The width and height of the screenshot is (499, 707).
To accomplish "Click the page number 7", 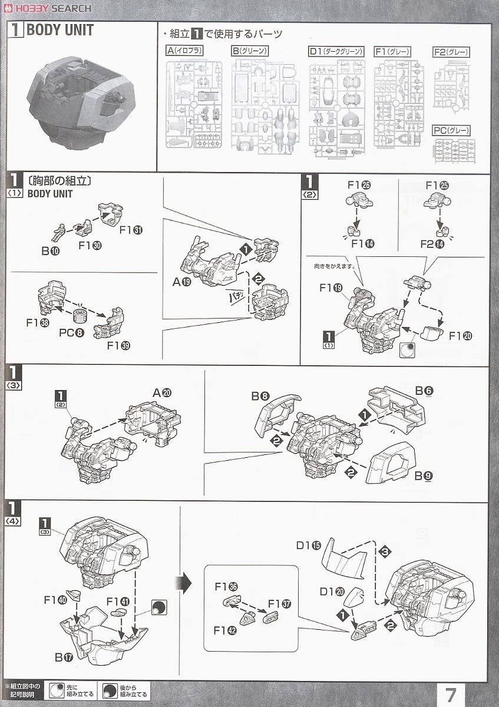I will point(451,693).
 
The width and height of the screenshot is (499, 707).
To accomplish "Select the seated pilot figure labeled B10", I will point(60,232).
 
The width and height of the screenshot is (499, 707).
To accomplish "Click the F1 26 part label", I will point(358,186).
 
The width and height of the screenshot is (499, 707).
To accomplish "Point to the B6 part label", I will point(424,391).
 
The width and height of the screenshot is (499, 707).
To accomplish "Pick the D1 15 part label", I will point(309,545).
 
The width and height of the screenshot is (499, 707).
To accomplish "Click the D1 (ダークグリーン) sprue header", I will point(336,52).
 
